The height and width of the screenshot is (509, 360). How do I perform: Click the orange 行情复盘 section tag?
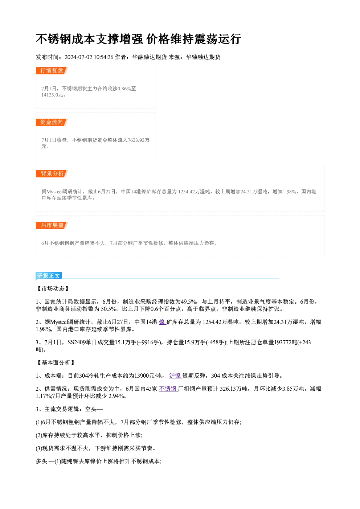point(52,71)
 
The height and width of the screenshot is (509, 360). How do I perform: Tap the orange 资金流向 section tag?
point(52,122)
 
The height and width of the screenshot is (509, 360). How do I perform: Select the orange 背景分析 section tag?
point(52,174)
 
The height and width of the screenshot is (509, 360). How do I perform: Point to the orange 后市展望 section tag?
point(52,225)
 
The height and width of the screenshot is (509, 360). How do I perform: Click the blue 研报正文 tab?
point(49,276)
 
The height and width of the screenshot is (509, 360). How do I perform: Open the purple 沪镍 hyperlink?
point(175,376)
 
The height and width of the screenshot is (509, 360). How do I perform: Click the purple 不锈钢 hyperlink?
point(168,389)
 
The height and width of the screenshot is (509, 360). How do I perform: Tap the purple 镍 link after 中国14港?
point(162,322)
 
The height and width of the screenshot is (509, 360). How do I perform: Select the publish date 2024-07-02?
point(78,57)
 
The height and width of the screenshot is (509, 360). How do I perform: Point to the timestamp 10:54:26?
point(104,57)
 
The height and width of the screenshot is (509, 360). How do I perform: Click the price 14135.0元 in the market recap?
point(52,95)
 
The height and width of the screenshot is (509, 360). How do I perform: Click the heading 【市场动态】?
point(52,288)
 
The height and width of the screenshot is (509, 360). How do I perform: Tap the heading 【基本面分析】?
point(55,363)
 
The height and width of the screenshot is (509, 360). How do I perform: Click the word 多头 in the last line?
point(41,461)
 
